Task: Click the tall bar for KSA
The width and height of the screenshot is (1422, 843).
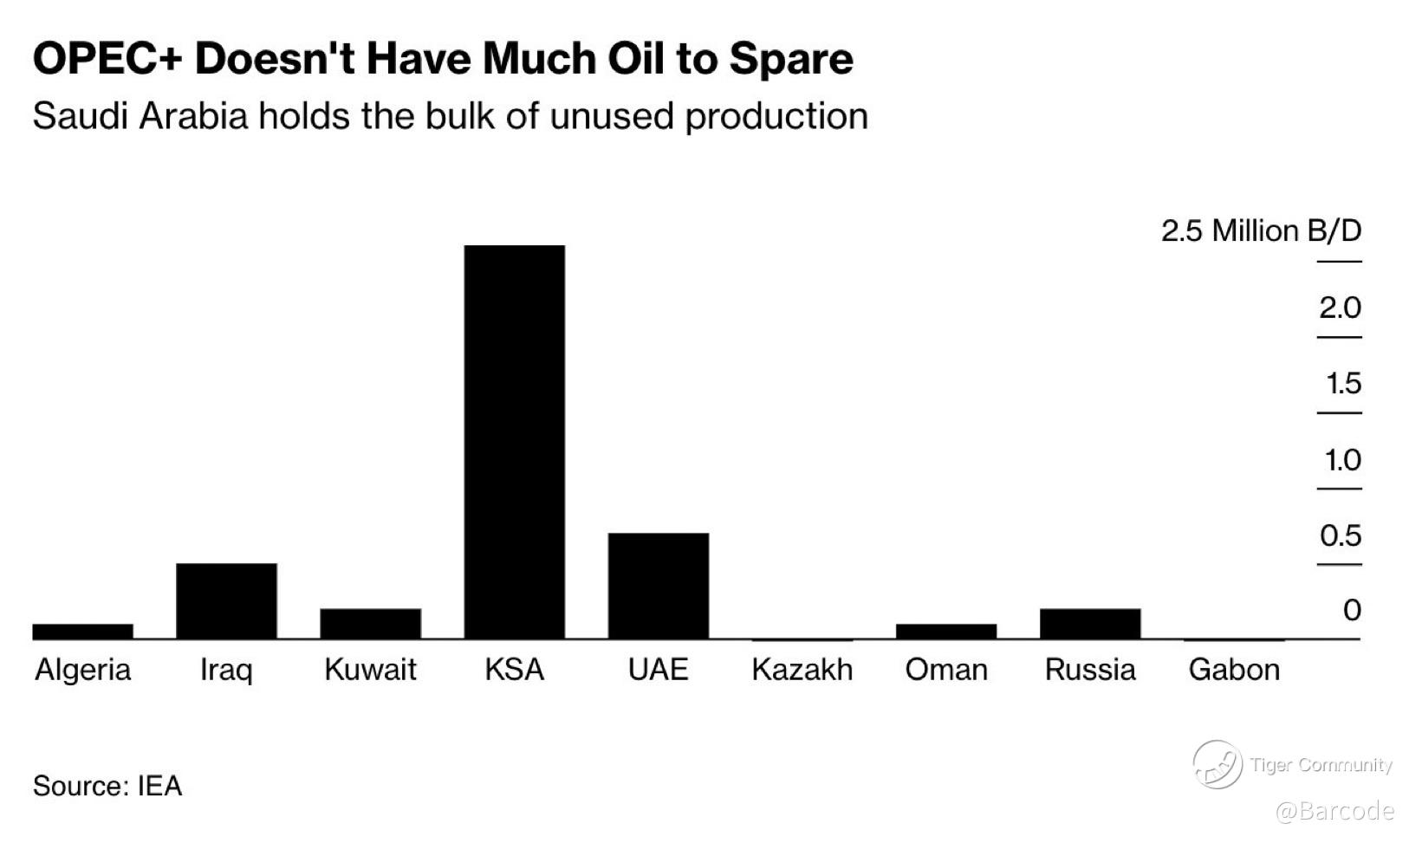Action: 514,442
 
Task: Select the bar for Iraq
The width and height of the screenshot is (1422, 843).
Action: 226,600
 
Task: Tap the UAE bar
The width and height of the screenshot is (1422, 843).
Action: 658,586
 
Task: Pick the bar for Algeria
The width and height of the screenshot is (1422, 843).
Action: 82,631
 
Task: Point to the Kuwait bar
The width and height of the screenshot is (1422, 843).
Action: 370,623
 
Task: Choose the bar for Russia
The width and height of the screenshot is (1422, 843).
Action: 1089,623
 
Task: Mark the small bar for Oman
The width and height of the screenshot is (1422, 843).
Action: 945,631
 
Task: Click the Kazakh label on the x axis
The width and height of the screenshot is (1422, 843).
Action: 802,670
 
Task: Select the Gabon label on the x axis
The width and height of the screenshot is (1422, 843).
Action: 1234,670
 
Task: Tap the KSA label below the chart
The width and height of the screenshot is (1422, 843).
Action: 514,670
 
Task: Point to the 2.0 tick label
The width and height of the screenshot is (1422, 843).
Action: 1340,308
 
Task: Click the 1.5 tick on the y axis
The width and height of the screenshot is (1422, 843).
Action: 1343,383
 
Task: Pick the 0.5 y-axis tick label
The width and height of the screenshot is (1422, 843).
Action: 1340,535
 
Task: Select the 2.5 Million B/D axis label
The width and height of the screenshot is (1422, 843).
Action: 1261,231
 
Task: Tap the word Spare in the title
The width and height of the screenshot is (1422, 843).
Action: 790,59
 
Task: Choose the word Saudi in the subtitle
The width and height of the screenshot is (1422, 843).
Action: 80,116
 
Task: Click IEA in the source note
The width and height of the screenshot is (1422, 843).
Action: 159,786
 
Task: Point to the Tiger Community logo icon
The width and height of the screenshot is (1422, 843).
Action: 1217,764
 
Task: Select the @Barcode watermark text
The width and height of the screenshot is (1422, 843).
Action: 1334,811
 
